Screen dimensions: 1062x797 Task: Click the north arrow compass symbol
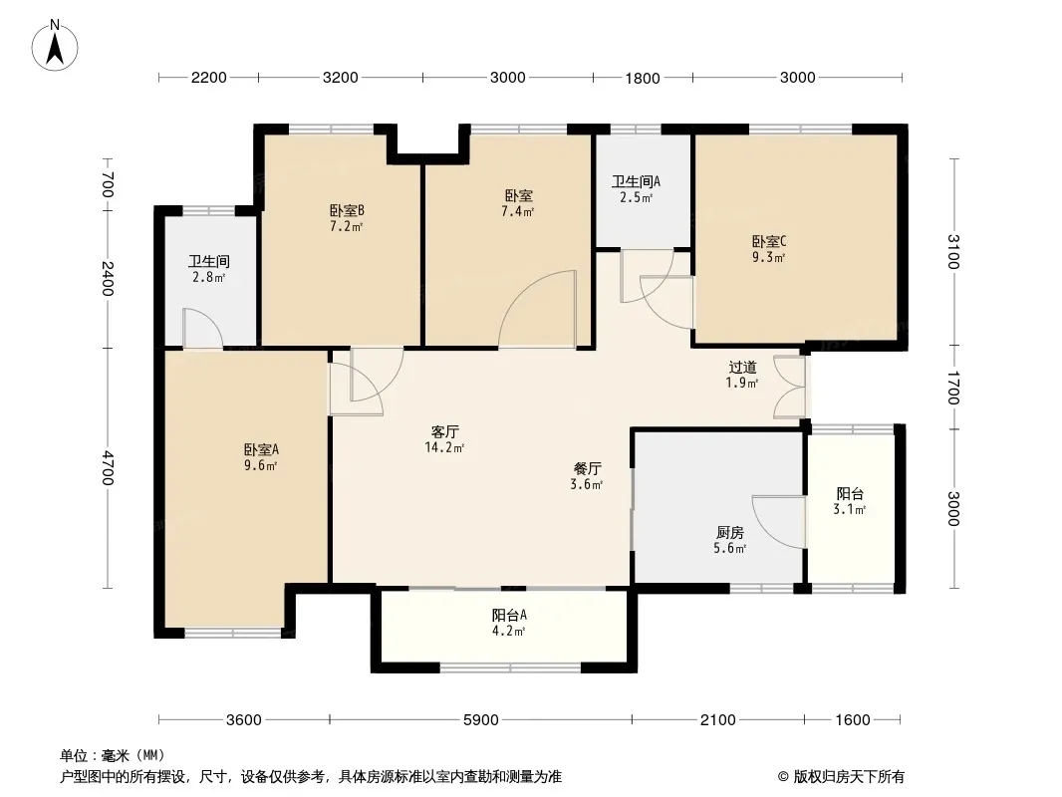pyautogui.click(x=55, y=46)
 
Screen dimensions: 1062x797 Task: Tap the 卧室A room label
pyautogui.click(x=261, y=449)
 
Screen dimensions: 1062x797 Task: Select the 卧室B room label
pyautogui.click(x=347, y=210)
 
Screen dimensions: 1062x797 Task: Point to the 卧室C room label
pyautogui.click(x=769, y=242)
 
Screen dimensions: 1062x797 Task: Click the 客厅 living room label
pyautogui.click(x=445, y=432)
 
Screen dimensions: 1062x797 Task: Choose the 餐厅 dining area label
pyautogui.click(x=587, y=468)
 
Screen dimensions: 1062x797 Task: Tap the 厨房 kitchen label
pyautogui.click(x=730, y=533)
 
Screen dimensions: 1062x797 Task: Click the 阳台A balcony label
pyautogui.click(x=509, y=616)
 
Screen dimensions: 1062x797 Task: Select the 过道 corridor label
pyautogui.click(x=742, y=367)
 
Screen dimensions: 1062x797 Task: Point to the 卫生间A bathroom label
pyautogui.click(x=636, y=181)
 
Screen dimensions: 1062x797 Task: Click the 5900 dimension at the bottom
pyautogui.click(x=481, y=720)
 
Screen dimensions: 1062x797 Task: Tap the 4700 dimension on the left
pyautogui.click(x=107, y=468)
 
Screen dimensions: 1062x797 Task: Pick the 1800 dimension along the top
pyautogui.click(x=642, y=78)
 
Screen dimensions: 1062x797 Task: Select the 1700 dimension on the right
pyautogui.click(x=952, y=388)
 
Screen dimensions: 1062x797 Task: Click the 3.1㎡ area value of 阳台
pyautogui.click(x=850, y=510)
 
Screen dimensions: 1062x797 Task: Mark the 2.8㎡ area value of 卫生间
pyautogui.click(x=208, y=277)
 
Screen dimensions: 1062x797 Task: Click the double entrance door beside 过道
pyautogui.click(x=791, y=387)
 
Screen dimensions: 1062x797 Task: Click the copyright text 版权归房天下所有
pyautogui.click(x=848, y=777)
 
